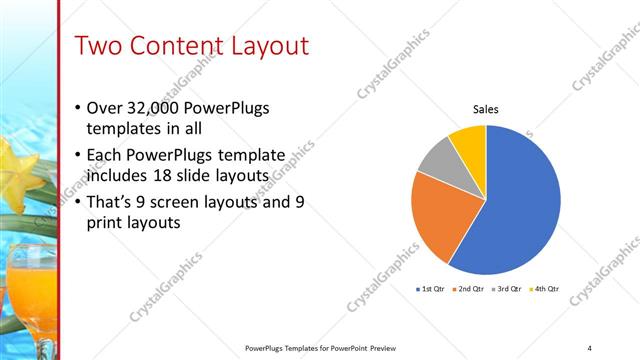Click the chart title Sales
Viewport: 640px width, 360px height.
[485, 110]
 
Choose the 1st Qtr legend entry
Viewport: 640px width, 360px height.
[431, 289]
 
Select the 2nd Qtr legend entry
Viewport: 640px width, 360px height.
[470, 289]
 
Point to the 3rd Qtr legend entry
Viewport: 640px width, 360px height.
[509, 289]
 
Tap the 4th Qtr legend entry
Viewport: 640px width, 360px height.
[546, 289]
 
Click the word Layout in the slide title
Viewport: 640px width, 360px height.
[261, 46]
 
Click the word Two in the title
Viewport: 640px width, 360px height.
[99, 46]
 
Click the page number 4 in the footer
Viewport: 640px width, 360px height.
[589, 347]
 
